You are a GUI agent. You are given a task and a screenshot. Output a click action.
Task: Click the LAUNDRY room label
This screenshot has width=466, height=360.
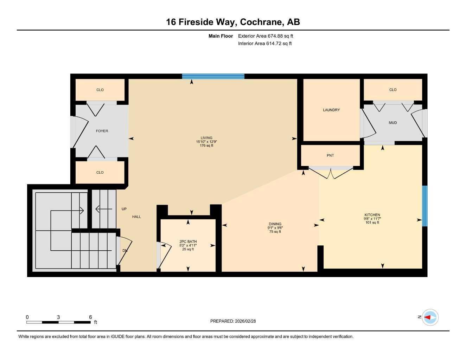(331, 110)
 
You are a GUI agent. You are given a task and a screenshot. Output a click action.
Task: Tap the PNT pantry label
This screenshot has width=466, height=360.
(330, 155)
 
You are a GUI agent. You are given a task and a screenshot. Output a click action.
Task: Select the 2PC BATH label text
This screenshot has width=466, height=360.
(188, 242)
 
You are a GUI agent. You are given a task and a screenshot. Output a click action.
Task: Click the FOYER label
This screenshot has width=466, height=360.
(102, 131)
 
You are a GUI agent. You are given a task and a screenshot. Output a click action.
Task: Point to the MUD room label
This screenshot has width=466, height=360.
(393, 123)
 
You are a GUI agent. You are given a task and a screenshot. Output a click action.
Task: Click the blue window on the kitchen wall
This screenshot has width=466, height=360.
(424, 206)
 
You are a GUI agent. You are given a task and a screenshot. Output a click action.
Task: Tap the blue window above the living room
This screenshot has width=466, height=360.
(213, 76)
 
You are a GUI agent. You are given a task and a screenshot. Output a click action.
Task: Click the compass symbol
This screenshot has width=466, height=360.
(430, 317)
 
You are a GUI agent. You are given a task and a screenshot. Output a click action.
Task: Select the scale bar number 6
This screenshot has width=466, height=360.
(90, 317)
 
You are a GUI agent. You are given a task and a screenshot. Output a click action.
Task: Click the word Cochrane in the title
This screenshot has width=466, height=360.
(262, 22)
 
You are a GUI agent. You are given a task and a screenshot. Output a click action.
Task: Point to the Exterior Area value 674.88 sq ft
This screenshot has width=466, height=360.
(266, 36)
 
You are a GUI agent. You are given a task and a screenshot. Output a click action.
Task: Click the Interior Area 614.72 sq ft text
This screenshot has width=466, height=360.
(265, 44)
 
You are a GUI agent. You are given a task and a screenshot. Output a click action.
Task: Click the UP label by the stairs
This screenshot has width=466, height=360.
(124, 209)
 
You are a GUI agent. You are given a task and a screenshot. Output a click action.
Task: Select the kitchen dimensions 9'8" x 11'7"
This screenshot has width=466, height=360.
(372, 219)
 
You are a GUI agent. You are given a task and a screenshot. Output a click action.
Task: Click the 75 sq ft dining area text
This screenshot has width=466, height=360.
(275, 232)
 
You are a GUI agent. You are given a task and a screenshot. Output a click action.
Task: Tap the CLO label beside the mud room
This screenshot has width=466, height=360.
(393, 90)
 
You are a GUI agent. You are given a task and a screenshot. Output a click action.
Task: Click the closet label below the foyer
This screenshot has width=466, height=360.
(100, 172)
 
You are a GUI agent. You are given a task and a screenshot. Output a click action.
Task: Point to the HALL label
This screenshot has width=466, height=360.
(136, 217)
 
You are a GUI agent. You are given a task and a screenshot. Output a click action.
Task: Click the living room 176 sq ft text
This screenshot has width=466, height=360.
(206, 145)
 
